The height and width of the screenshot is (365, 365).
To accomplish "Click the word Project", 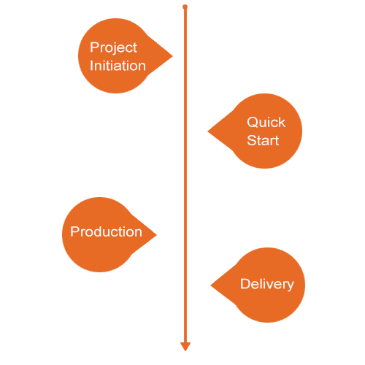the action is [x=113, y=47].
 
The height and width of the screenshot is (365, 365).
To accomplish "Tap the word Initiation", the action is [x=118, y=66].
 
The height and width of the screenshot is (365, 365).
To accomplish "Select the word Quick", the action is [x=266, y=122].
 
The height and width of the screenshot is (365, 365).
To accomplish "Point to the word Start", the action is [x=263, y=140].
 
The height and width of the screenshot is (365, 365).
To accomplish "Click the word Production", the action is [x=106, y=231].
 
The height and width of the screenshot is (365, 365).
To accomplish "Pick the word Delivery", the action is [x=267, y=285].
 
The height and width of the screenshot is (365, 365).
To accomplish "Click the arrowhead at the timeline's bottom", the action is [x=185, y=347].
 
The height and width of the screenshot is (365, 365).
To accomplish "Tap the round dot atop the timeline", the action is [x=185, y=7].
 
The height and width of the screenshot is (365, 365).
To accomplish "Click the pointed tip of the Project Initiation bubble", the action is [x=172, y=56].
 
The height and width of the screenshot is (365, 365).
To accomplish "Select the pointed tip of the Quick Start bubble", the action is [x=208, y=131].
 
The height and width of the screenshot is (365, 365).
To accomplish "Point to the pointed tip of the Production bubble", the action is [x=156, y=234].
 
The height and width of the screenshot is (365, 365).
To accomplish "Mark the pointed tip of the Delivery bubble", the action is [x=211, y=285].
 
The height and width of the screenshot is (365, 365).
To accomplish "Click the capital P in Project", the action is [x=94, y=47].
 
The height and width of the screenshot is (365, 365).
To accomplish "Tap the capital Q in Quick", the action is [x=253, y=122].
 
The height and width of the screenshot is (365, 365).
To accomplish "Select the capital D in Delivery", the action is [x=245, y=284].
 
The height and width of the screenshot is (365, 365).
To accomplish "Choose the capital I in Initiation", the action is [x=91, y=66].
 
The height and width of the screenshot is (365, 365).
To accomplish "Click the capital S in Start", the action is [x=252, y=140].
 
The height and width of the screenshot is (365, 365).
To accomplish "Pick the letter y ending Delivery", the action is [x=290, y=286].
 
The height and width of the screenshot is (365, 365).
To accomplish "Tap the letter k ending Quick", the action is [x=282, y=122].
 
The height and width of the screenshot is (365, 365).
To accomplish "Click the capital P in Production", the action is [x=74, y=231].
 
